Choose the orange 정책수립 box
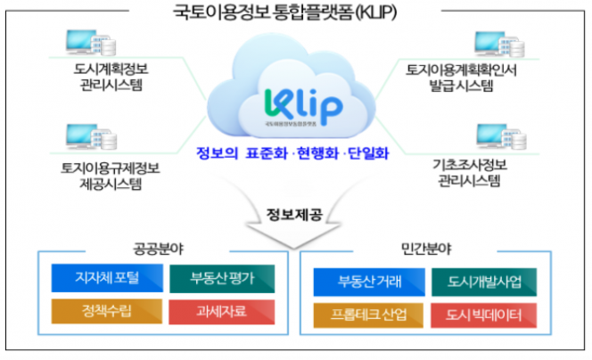point(107,312)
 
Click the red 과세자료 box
point(222,312)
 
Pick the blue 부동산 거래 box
point(369,283)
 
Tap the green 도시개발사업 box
point(484,283)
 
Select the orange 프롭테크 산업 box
point(369,315)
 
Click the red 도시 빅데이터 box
point(484,315)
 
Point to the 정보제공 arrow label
point(295,214)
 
